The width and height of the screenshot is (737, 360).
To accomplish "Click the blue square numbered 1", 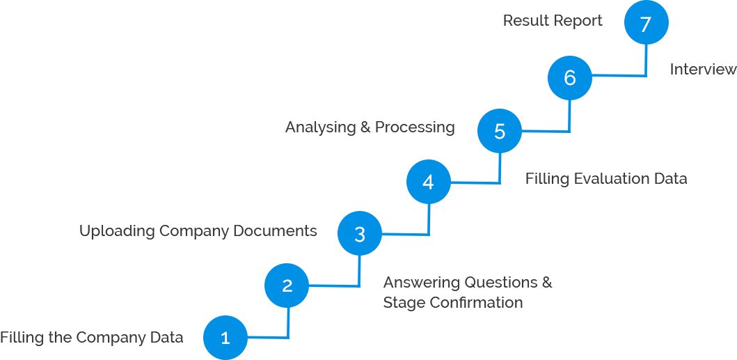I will click(225, 337).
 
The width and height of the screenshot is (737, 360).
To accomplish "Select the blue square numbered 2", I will click(287, 285).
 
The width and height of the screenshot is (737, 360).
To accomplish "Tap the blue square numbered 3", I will click(359, 233).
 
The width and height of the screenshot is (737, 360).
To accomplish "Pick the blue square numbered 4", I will click(428, 182).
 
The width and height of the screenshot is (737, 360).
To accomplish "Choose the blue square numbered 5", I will click(499, 130).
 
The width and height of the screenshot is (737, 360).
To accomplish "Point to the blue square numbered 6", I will click(569, 77).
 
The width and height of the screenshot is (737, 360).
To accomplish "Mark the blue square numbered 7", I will click(646, 24).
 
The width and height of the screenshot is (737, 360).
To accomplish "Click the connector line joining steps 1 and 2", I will click(288, 327).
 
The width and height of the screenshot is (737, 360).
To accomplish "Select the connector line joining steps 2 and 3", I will click(359, 276).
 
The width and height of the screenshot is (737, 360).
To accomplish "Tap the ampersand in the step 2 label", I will click(547, 283).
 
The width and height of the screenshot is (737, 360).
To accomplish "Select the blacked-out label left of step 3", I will click(199, 231).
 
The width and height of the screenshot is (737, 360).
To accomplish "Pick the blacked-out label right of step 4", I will click(606, 180).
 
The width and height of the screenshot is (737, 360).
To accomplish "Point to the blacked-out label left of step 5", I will click(370, 128).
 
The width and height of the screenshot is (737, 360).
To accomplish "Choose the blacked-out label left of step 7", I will click(553, 21).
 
